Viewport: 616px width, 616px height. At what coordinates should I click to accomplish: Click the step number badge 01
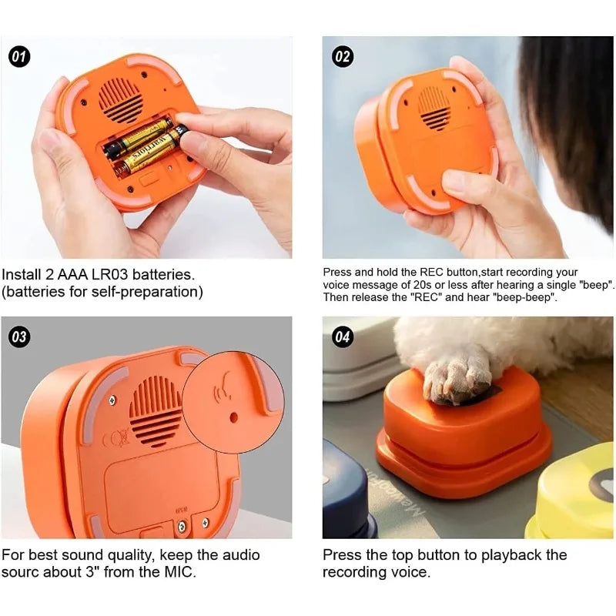pos(19,56)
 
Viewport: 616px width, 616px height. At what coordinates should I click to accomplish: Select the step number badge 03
pos(19,336)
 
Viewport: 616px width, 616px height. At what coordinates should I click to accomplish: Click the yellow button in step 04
pos(574,500)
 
